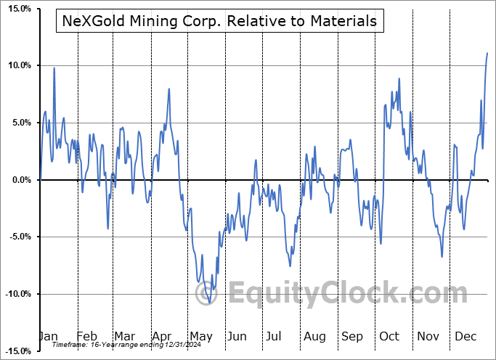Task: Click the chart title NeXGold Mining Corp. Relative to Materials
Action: coord(216,21)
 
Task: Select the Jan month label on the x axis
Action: coord(48,336)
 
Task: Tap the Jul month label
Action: coord(275,336)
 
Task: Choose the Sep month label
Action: coord(352,336)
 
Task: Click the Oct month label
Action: coord(389,336)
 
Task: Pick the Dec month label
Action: coord(465,336)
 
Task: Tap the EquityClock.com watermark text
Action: coord(349,293)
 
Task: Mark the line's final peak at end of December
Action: coord(487,53)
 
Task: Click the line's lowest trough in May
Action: coord(210,303)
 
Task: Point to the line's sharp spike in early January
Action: coord(54,68)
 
